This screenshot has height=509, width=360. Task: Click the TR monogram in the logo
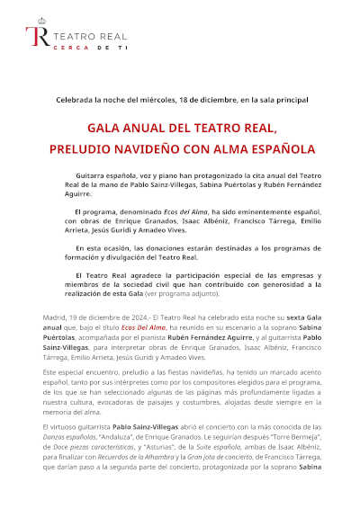38,37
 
